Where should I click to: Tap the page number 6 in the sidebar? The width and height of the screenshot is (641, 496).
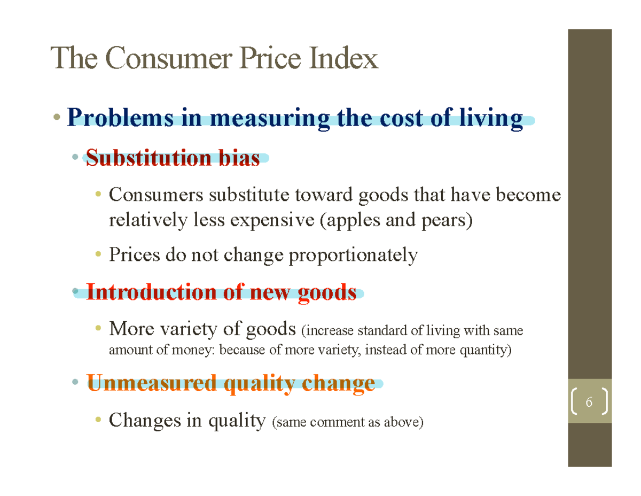(x=589, y=402)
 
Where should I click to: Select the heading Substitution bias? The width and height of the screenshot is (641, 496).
(x=173, y=158)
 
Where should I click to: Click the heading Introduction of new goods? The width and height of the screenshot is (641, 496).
(x=221, y=292)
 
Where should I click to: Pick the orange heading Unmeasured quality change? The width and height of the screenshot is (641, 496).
(x=231, y=383)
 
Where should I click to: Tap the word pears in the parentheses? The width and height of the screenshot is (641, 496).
(x=450, y=220)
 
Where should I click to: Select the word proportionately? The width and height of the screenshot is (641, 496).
(x=353, y=255)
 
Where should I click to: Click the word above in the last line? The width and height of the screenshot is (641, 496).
(x=406, y=422)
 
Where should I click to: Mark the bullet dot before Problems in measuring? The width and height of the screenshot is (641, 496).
(x=57, y=117)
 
